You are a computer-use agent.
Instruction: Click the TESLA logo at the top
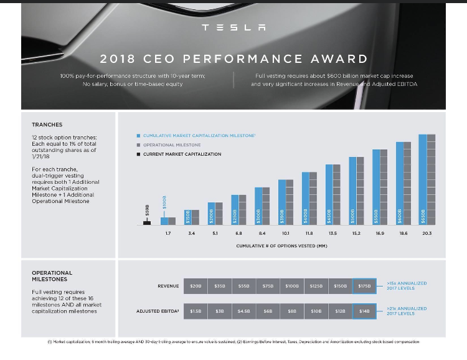tap(233, 28)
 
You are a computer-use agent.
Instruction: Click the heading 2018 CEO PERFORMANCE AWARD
tap(233, 59)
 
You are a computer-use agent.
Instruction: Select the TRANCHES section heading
tap(47, 125)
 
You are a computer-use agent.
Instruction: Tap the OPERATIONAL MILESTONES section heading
tap(52, 277)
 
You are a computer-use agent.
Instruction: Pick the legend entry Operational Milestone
tap(172, 144)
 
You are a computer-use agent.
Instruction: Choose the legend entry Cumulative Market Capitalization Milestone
tap(196, 135)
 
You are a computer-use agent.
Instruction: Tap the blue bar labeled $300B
tap(258, 206)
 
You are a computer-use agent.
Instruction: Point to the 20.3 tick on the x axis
tap(427, 233)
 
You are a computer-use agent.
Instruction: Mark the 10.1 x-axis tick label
tap(286, 233)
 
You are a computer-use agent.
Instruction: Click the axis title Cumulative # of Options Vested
tap(281, 246)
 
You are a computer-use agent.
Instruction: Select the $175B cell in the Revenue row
tap(364, 286)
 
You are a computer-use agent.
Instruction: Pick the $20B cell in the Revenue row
tap(196, 286)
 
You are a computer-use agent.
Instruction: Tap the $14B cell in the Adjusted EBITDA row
tap(364, 310)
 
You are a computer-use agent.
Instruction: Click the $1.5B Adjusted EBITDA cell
tap(196, 310)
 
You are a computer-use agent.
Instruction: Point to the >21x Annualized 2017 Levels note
tap(407, 310)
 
